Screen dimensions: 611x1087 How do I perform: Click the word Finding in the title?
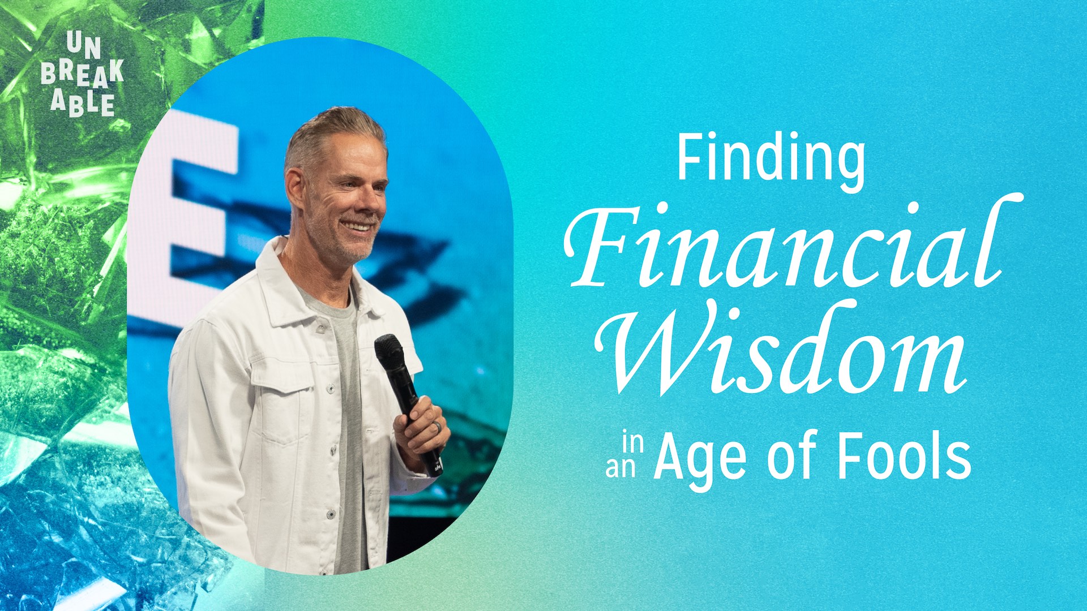[771, 158]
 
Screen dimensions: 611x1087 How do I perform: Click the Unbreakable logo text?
[83, 74]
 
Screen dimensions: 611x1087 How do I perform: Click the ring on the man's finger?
[436, 429]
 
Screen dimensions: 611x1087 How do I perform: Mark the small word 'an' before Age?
[620, 468]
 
